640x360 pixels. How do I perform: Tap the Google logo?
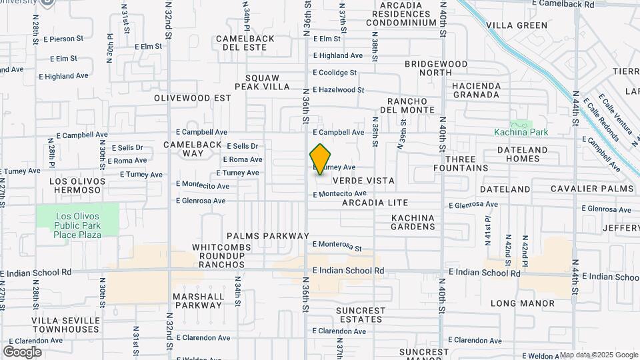pyautogui.click(x=22, y=351)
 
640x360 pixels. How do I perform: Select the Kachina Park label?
pyautogui.click(x=521, y=132)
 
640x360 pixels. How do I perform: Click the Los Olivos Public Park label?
pyautogui.click(x=78, y=225)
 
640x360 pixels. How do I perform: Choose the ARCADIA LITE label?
pyautogui.click(x=375, y=202)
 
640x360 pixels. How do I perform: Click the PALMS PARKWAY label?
pyautogui.click(x=268, y=236)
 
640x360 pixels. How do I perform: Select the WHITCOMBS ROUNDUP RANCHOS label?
pyautogui.click(x=218, y=256)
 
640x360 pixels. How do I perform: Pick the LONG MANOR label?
pyautogui.click(x=522, y=303)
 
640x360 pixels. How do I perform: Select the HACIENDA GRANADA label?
pyautogui.click(x=475, y=90)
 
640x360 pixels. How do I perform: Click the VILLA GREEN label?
pyautogui.click(x=516, y=25)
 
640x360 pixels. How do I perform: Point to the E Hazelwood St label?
pyautogui.click(x=339, y=89)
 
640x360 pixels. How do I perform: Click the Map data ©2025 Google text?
pyautogui.click(x=599, y=355)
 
